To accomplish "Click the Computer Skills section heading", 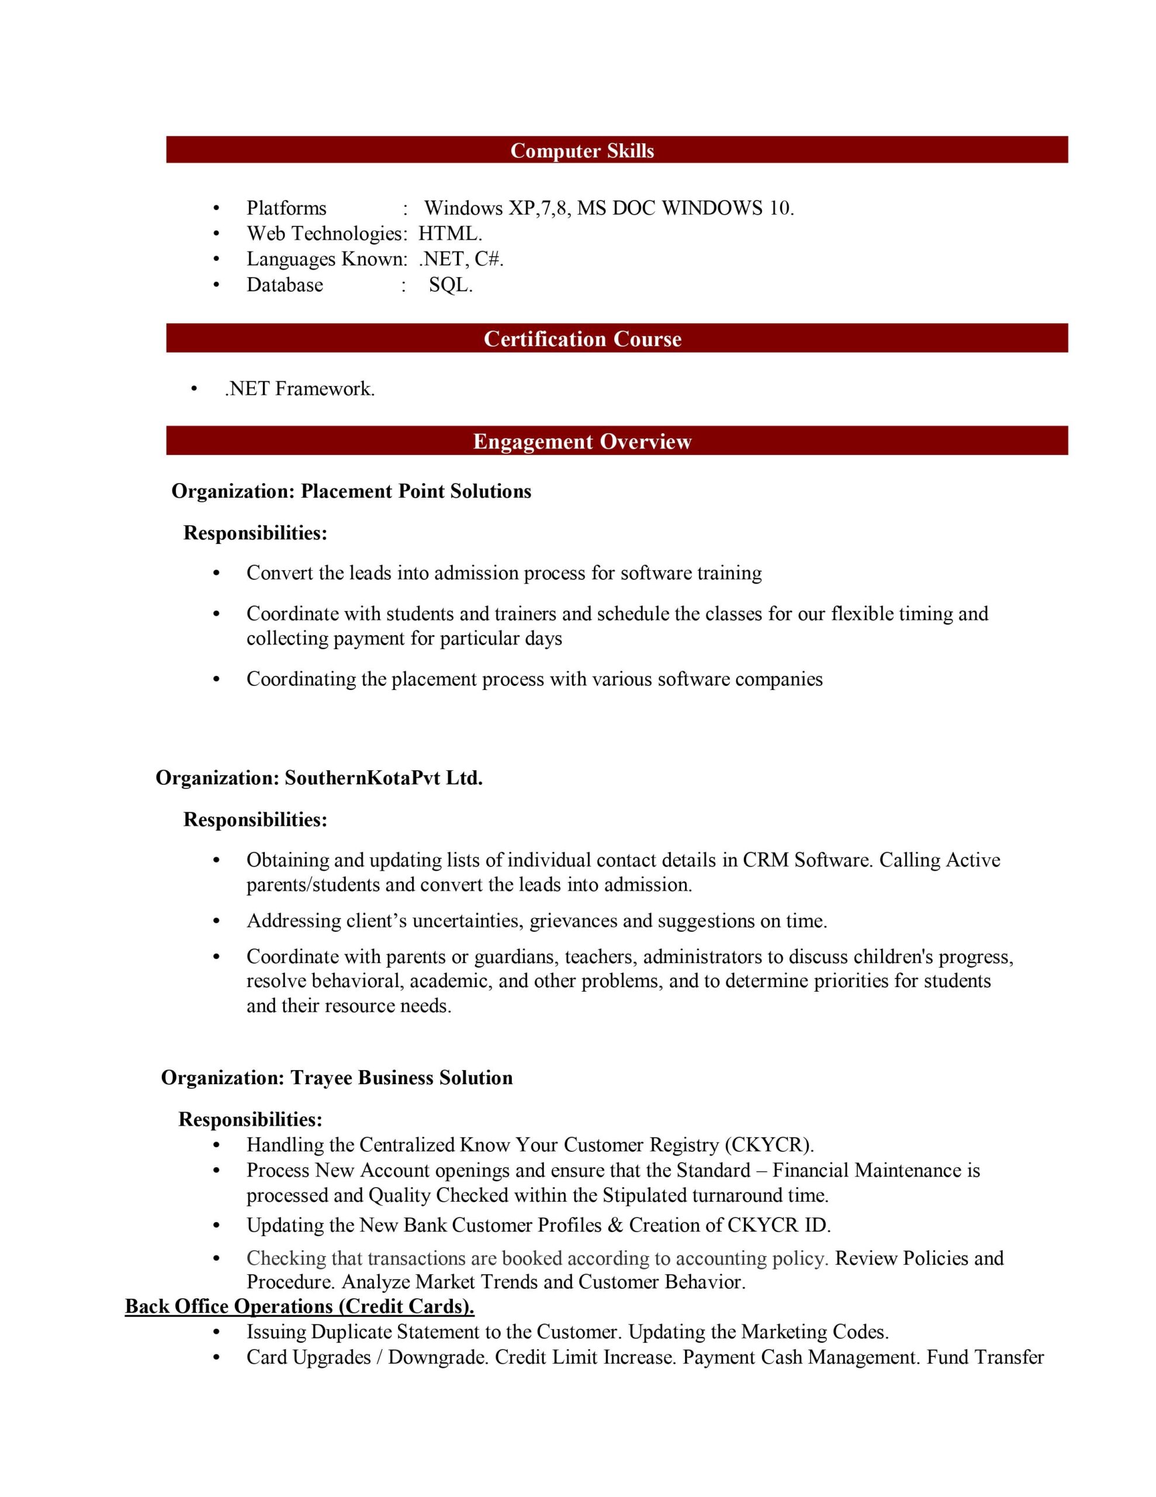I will tap(582, 151).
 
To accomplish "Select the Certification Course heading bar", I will tap(582, 339).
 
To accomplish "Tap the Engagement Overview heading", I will tap(582, 441).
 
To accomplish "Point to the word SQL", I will tap(449, 285).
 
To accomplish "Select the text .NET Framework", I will tap(299, 389).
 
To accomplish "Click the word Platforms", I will tap(286, 208).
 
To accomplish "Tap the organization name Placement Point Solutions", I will tap(416, 491).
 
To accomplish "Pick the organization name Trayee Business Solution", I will tap(402, 1078).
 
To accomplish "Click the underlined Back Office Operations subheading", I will tap(299, 1306).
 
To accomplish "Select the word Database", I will tap(285, 285).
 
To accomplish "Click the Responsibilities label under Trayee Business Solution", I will tap(250, 1119).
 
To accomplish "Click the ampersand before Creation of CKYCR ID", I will tap(615, 1225).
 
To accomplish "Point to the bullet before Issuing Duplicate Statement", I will tap(217, 1332).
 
